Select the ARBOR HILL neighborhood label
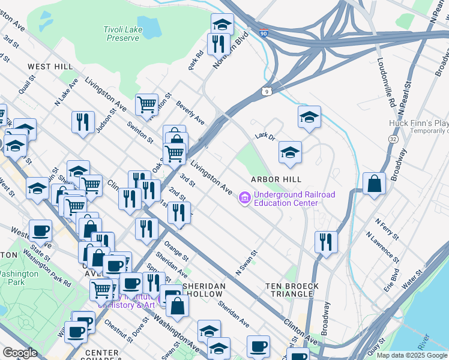(275, 179)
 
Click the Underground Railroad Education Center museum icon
(244, 198)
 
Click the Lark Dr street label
(264, 137)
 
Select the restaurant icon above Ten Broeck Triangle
(326, 242)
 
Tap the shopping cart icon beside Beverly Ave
(146, 104)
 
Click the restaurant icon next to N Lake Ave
(82, 121)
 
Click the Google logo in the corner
(20, 353)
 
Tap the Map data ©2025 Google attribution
(412, 355)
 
